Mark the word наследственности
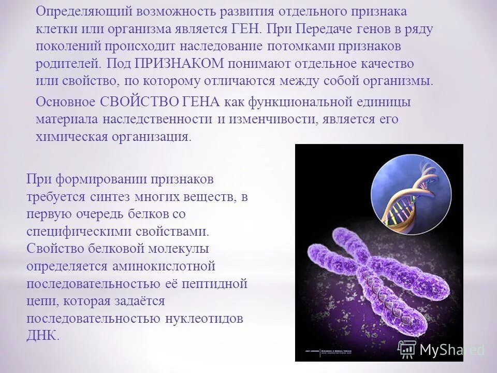[x=157, y=119]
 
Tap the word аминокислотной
[x=162, y=266]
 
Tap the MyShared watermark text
[x=450, y=350]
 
